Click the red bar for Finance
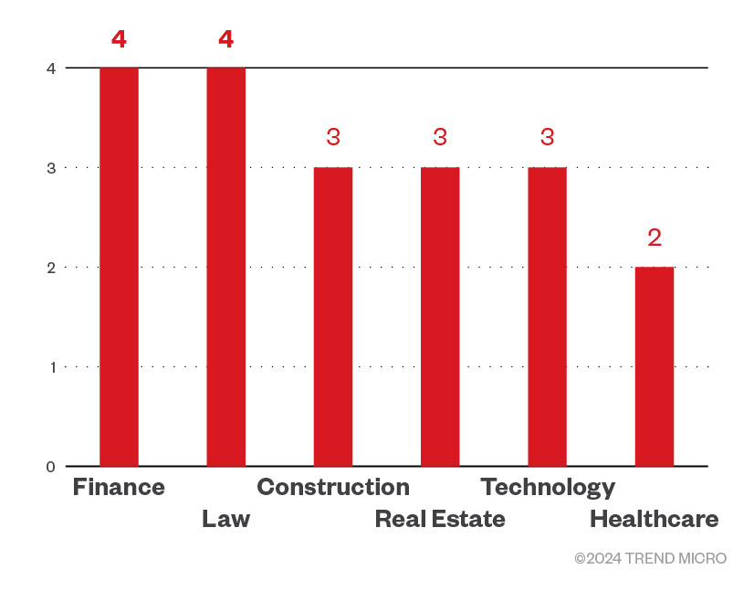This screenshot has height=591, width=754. [119, 267]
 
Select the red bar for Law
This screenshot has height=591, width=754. [225, 267]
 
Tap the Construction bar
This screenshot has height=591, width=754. [333, 317]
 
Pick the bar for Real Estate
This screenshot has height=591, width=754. [440, 317]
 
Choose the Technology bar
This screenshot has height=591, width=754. [547, 317]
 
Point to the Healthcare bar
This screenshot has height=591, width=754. [655, 366]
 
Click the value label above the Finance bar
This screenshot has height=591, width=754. [119, 39]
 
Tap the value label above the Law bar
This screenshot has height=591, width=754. [225, 39]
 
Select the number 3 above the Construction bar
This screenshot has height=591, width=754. [333, 138]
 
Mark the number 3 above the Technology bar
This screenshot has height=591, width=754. [547, 138]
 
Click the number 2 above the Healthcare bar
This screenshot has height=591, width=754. [655, 237]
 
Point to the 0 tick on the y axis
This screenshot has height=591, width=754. [50, 467]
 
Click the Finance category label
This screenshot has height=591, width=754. [119, 487]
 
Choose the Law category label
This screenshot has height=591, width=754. [225, 520]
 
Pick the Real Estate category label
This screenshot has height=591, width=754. [440, 520]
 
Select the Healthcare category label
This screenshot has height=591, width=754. [654, 520]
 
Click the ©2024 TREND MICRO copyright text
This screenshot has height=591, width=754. [650, 558]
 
